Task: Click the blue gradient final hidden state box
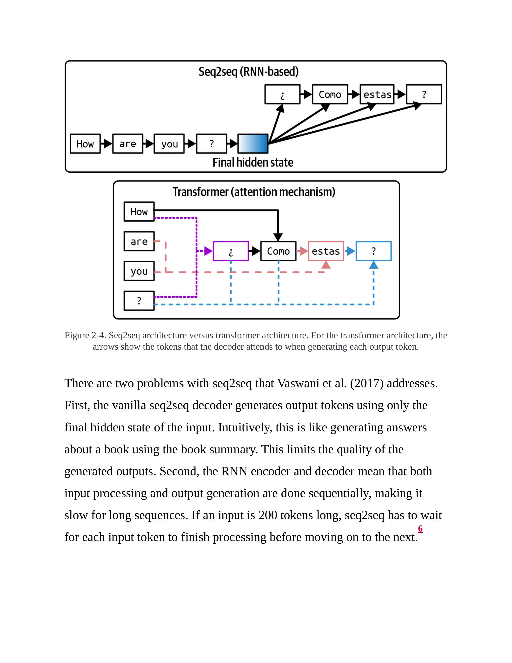click(x=253, y=144)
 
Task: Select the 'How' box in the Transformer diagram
click(x=139, y=212)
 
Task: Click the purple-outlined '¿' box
click(x=231, y=251)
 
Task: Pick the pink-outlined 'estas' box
click(x=326, y=251)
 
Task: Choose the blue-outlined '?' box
click(x=373, y=251)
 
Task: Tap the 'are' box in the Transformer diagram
click(x=139, y=241)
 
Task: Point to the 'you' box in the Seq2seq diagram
click(x=169, y=144)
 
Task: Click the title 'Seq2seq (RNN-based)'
click(x=248, y=72)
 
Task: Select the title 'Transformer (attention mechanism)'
click(x=254, y=192)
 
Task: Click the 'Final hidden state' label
click(x=253, y=162)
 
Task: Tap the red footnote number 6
click(x=420, y=528)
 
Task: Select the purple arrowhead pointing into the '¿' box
click(x=208, y=251)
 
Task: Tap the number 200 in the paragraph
click(x=267, y=515)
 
